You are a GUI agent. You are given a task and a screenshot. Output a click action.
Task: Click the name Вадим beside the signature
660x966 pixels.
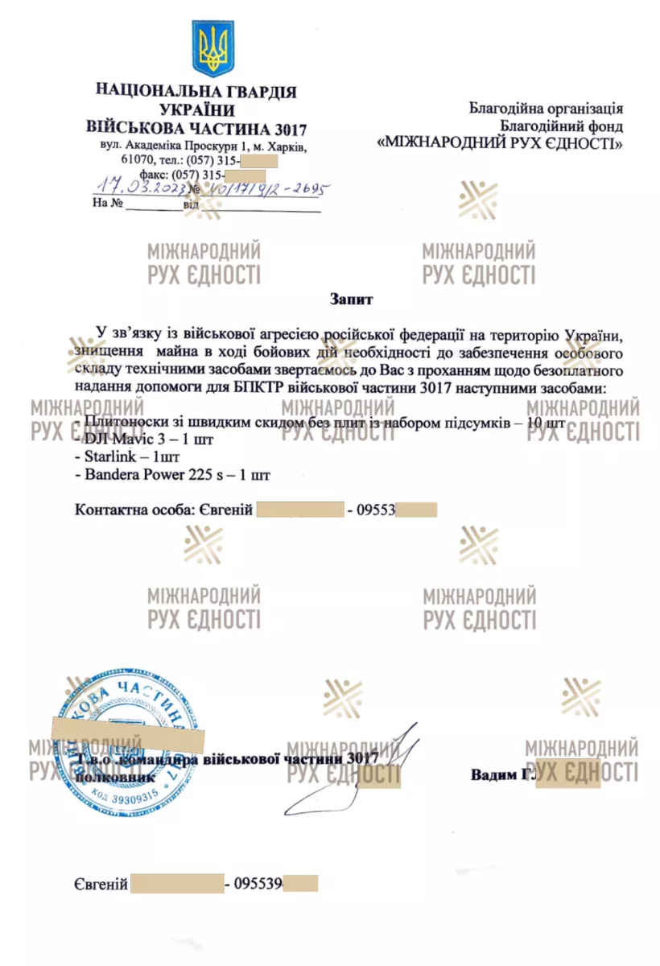click(x=493, y=774)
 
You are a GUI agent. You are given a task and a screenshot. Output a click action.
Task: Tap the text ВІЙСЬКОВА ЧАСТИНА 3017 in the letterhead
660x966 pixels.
click(x=196, y=128)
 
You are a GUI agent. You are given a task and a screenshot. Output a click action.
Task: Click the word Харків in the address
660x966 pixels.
click(x=286, y=147)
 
